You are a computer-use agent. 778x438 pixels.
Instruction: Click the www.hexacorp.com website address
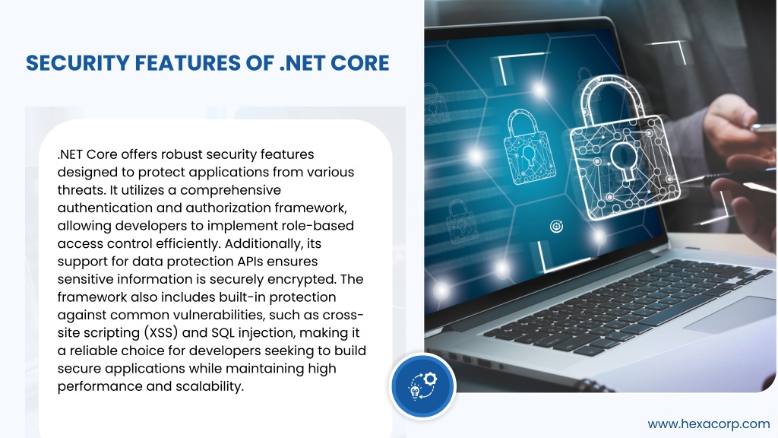pos(709,424)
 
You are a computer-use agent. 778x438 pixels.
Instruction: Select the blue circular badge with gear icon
pos(422,386)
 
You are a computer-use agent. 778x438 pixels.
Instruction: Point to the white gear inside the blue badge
pos(430,379)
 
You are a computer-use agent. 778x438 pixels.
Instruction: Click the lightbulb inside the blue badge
pos(415,393)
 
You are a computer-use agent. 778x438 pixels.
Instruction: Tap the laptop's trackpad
pos(729,315)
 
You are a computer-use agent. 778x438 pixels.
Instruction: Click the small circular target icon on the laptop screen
pos(557,227)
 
